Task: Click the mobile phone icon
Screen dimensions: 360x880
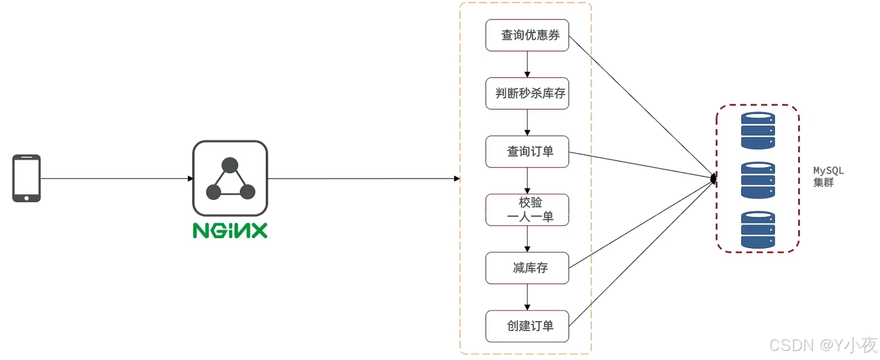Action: click(26, 178)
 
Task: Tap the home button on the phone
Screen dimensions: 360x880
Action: click(26, 198)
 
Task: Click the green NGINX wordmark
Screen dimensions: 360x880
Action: click(230, 230)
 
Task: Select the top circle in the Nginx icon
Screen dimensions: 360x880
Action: click(230, 165)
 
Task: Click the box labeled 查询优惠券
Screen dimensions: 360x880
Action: click(527, 35)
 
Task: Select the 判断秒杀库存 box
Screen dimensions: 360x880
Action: click(527, 93)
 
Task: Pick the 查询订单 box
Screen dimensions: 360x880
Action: click(527, 151)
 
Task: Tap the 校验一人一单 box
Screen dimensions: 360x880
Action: click(527, 209)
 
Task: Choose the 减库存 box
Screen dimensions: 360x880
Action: click(527, 268)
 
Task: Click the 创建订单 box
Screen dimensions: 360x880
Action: click(527, 326)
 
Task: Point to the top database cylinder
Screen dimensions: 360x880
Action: click(758, 130)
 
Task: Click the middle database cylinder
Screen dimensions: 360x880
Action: click(758, 180)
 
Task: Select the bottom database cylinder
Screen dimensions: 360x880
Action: click(758, 229)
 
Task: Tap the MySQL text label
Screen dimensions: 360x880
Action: click(828, 170)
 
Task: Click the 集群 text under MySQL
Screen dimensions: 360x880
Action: click(823, 182)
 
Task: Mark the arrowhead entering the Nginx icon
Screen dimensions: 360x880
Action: click(190, 178)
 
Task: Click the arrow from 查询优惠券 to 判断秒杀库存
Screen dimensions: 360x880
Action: click(527, 64)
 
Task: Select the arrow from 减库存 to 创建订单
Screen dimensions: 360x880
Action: click(527, 297)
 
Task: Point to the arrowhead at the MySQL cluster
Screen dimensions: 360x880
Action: click(714, 178)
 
